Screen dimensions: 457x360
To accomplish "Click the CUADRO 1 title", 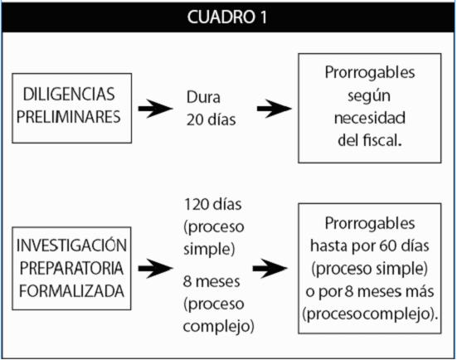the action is (227, 17).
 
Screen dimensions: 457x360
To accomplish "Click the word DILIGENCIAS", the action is (69, 95).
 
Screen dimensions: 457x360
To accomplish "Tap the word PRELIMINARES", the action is (68, 117).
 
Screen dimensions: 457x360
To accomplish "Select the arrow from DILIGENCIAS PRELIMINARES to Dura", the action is (155, 109).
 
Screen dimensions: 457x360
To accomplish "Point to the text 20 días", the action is (211, 119).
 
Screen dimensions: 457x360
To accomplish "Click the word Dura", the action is (203, 97).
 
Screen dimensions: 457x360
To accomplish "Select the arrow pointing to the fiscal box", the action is (274, 109).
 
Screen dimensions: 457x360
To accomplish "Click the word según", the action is (369, 96).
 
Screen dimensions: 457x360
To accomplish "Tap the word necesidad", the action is (370, 118).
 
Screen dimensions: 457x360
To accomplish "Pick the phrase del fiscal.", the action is (370, 140).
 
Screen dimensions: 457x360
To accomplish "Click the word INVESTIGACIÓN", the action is (71, 245).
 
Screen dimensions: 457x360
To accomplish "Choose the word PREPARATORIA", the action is (71, 268).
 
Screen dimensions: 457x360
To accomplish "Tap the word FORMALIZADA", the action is (71, 291).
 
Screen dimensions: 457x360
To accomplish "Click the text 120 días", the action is (213, 204).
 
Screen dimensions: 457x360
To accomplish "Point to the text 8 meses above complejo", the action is (211, 281).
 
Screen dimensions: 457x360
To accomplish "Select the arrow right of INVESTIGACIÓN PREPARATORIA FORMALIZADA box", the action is (155, 268).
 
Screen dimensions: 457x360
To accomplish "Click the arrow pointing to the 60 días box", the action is (270, 268).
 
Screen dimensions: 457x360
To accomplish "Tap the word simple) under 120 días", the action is (209, 249).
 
